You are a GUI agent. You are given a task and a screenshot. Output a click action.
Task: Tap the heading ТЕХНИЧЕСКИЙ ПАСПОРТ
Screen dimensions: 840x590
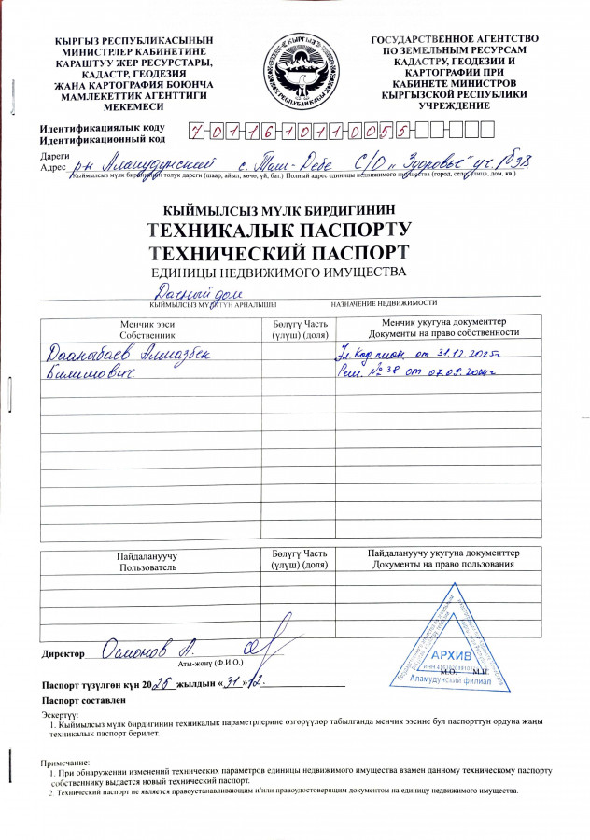point(278,252)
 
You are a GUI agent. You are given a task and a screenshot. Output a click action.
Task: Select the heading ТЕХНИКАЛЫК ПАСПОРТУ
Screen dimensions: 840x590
point(279,231)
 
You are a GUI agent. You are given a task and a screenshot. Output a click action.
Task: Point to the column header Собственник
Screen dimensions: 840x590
point(147,333)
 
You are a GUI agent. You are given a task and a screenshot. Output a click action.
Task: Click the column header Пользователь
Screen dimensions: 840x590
point(147,567)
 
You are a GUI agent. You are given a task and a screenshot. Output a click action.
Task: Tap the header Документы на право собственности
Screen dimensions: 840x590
point(443,333)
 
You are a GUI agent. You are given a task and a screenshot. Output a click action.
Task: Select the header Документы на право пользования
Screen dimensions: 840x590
point(443,565)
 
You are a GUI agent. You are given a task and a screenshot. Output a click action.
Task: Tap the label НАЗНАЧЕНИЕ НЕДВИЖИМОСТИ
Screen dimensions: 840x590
point(384,303)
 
